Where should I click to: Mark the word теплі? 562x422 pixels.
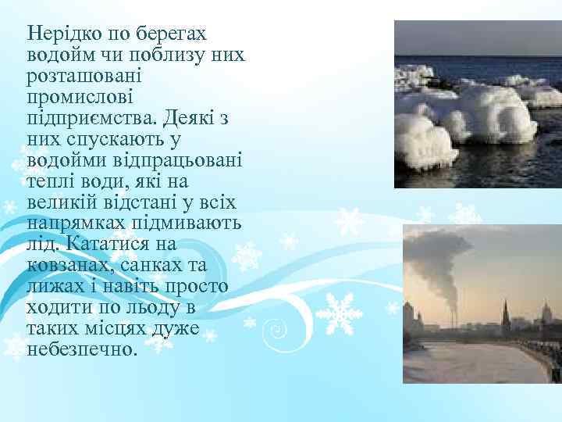coord(52,181)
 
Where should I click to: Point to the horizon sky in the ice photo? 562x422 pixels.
coord(476,39)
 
